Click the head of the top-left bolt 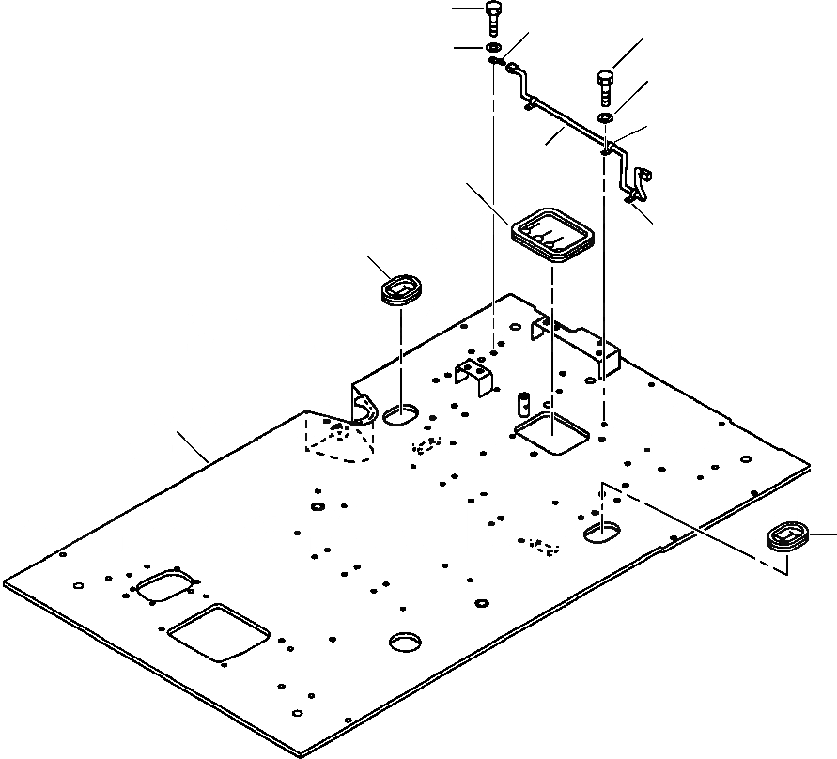coord(494,9)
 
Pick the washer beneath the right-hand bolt coord(606,118)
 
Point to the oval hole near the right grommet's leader coord(601,534)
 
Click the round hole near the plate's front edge coord(407,642)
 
